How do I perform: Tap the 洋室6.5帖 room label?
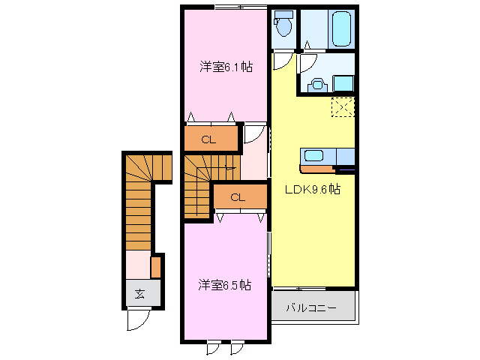click(x=224, y=285)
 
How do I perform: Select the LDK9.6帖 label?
click(x=312, y=190)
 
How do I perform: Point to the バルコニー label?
click(x=310, y=308)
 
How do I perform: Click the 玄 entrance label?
click(x=140, y=294)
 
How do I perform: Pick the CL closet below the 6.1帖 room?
click(x=208, y=139)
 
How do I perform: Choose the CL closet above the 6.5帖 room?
click(x=238, y=198)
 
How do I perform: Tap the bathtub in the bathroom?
click(x=342, y=28)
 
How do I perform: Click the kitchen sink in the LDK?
click(x=313, y=156)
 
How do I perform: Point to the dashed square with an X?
click(x=343, y=108)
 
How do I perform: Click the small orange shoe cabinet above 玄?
click(x=156, y=267)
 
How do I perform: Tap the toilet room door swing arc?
click(x=282, y=61)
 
